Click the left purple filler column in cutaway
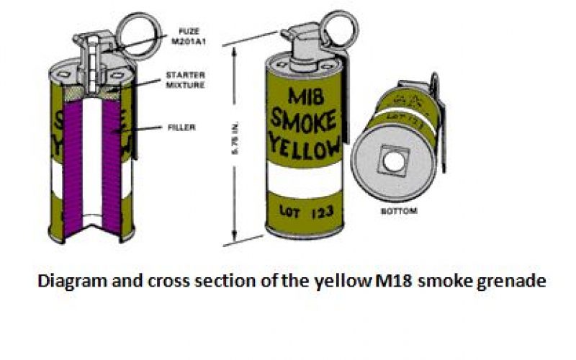tap(68, 166)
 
